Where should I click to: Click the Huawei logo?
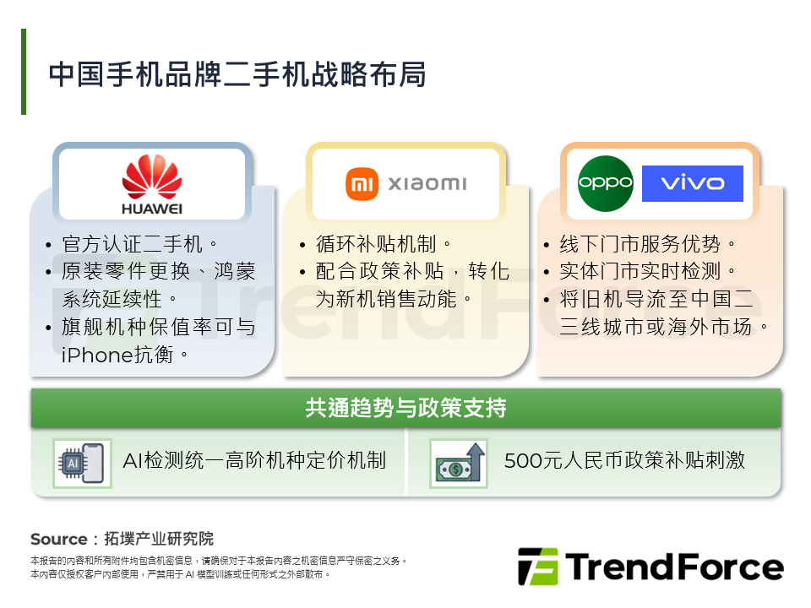152,183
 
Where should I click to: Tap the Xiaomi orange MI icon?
362,183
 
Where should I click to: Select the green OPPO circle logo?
606,183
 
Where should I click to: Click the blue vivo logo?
692,183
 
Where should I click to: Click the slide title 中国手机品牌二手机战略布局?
237,74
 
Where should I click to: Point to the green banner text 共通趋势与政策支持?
405,409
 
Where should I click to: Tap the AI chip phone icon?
81,463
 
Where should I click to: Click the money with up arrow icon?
459,463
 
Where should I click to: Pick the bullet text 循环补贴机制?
376,245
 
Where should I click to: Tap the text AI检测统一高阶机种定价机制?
254,460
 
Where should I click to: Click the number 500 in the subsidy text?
522,460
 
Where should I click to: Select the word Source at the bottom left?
59,539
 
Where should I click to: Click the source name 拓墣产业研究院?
158,539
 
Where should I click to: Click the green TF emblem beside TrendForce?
537,567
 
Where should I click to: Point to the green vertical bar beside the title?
24,72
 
